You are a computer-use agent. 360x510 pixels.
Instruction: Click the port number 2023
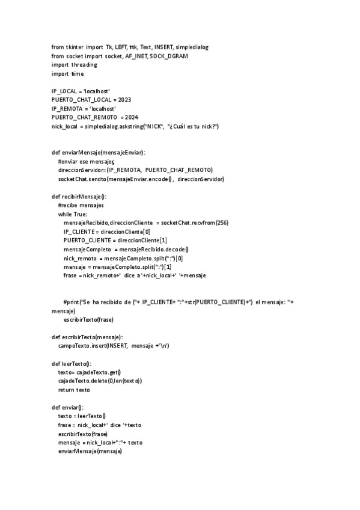124,99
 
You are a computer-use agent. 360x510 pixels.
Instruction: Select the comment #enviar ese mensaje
90,162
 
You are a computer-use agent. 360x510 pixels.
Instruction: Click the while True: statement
73,214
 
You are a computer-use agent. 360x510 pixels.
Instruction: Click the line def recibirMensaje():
79,197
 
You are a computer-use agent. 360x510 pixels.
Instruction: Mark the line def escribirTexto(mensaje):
87,337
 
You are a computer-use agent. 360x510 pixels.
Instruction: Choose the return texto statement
74,390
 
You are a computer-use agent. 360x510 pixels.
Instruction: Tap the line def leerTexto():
72,363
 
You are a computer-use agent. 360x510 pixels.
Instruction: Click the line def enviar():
68,407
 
